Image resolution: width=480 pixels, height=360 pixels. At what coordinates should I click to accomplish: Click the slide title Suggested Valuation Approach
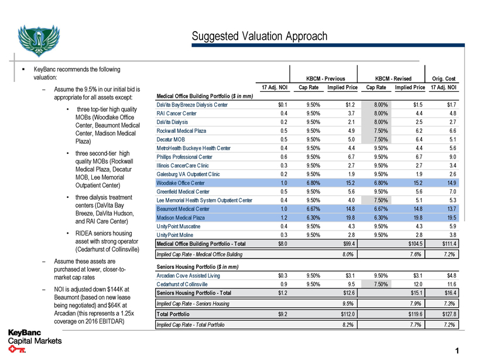[x=259, y=36]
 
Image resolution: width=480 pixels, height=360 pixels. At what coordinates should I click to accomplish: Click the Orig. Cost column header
[x=444, y=79]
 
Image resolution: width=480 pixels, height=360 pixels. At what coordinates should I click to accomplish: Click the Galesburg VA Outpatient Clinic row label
[x=188, y=174]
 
